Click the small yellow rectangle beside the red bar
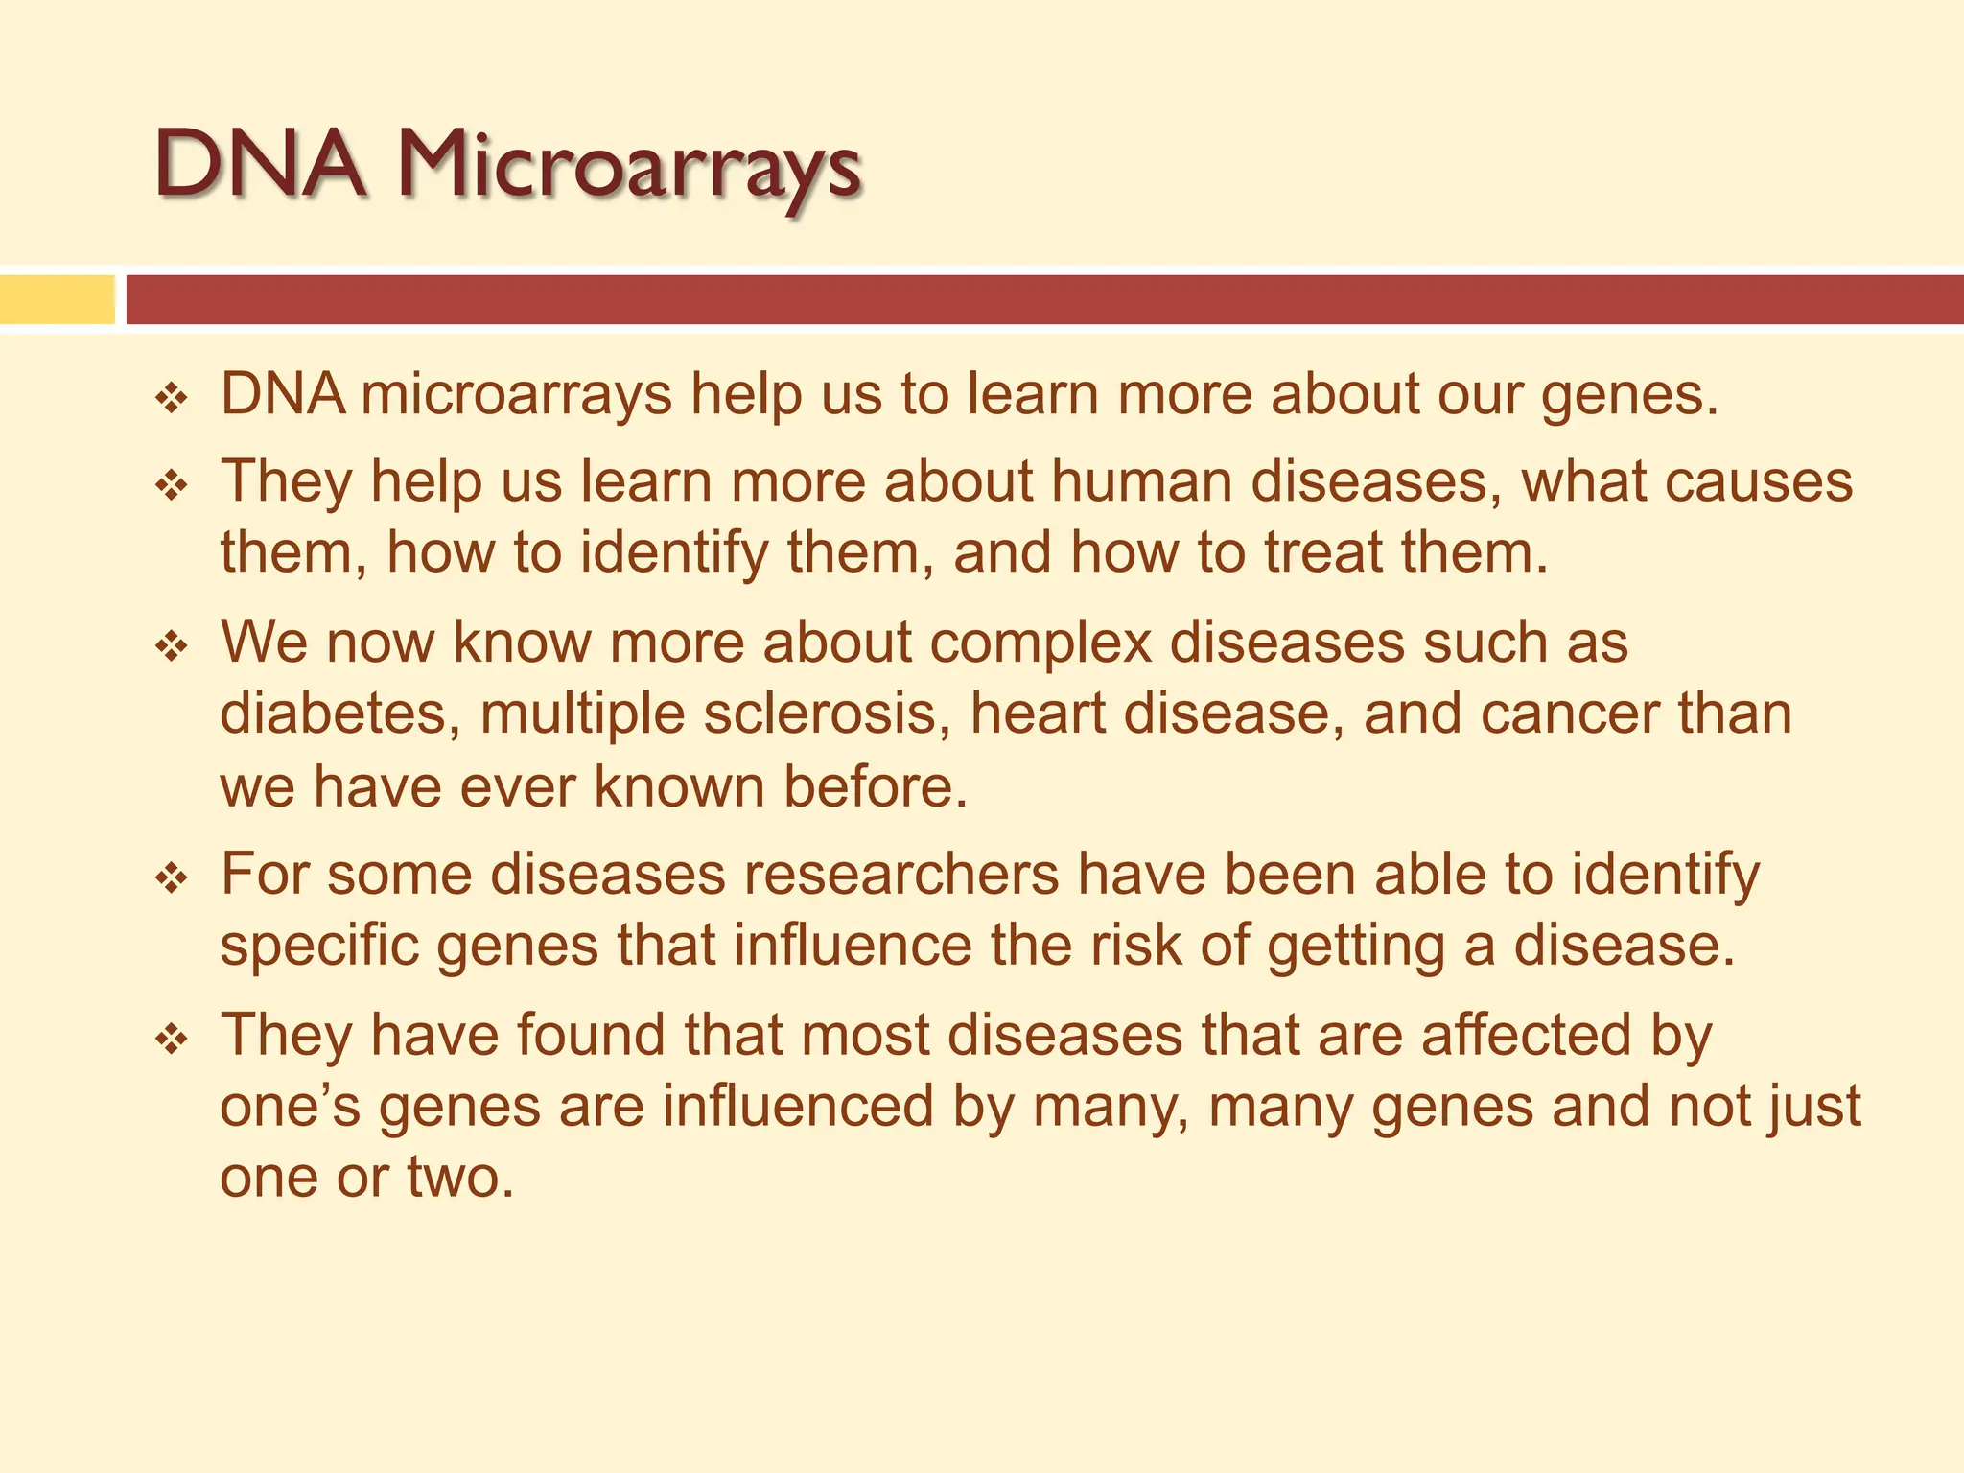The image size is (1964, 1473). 57,299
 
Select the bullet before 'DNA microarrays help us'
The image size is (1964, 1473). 173,397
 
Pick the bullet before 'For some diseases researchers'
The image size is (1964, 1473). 173,877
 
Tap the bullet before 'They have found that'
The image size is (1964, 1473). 173,1038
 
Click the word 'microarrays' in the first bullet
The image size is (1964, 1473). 517,395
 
